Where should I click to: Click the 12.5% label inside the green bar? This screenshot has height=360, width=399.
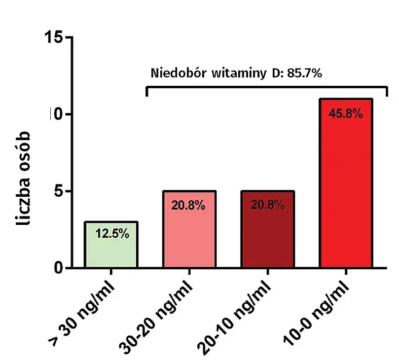pos(112,233)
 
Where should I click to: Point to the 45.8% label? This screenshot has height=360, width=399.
pos(346,114)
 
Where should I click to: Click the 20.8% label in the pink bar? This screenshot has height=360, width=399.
pos(188,206)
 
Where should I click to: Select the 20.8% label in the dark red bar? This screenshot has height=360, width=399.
pos(268,205)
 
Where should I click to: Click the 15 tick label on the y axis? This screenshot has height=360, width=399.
pos(54,37)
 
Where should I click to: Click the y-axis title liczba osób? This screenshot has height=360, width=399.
pos(26,178)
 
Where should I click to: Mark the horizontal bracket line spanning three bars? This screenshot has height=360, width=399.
pos(266,87)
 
